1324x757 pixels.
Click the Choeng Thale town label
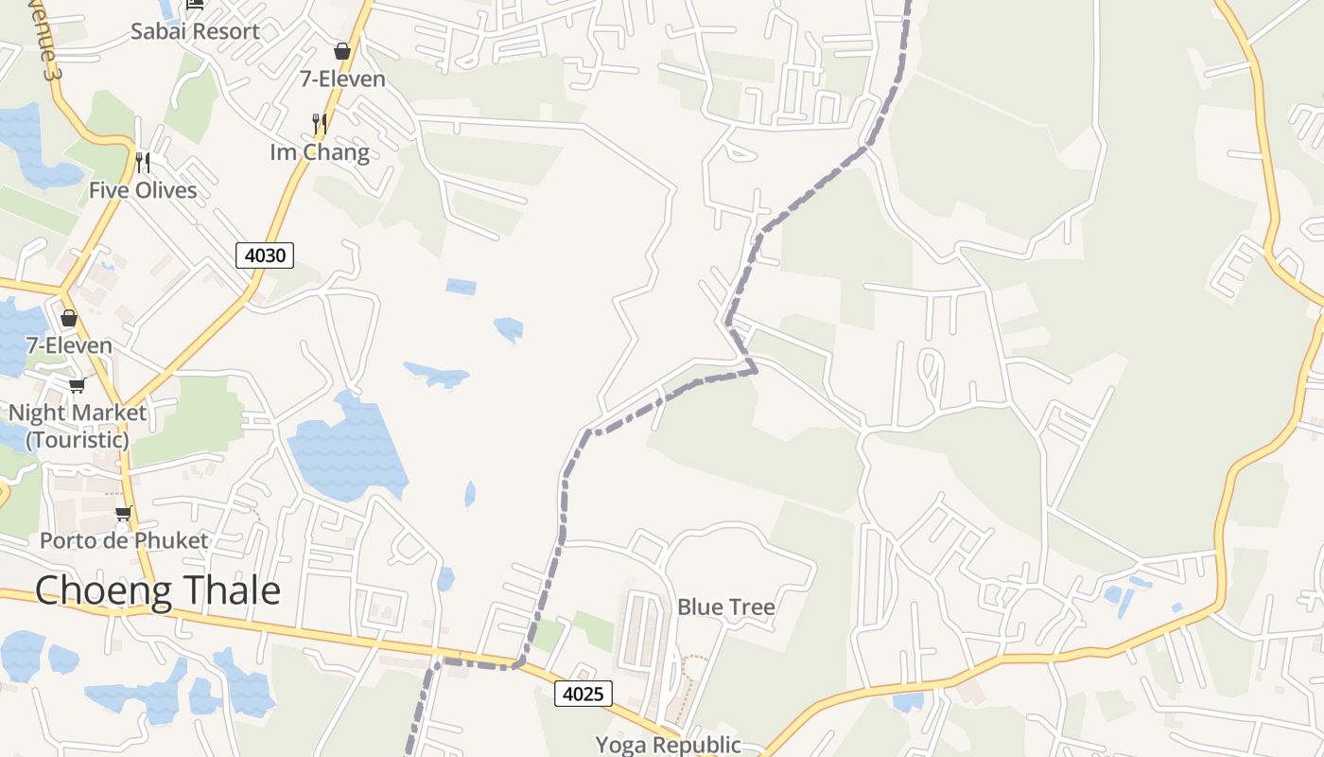click(x=158, y=590)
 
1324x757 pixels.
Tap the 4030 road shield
click(x=265, y=255)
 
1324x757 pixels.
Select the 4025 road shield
click(x=584, y=694)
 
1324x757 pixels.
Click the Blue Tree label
click(x=726, y=607)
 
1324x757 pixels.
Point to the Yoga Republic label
click(x=668, y=745)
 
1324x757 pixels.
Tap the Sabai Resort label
click(x=195, y=31)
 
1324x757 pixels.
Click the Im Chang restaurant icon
click(x=320, y=123)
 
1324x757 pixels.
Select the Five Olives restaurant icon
click(x=143, y=163)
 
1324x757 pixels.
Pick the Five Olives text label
click(x=143, y=190)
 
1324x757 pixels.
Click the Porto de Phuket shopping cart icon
click(x=123, y=514)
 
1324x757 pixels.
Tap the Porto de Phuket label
click(x=124, y=541)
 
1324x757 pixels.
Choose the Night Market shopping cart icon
click(x=77, y=385)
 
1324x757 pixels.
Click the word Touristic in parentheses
click(x=78, y=440)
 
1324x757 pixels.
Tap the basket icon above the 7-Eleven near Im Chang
click(x=342, y=51)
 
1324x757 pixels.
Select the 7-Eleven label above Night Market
click(x=69, y=345)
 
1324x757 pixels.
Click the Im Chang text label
click(x=320, y=151)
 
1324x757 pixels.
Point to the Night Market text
click(x=78, y=414)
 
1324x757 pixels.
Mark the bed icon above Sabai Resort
click(x=195, y=5)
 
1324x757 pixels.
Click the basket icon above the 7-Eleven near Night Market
click(x=68, y=318)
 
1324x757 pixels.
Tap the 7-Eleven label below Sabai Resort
click(x=342, y=79)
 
